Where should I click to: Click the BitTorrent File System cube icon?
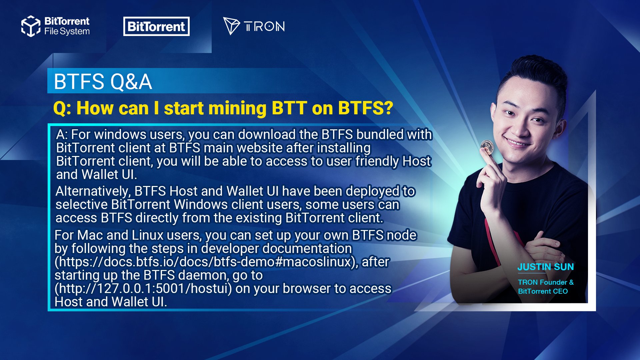pyautogui.click(x=31, y=26)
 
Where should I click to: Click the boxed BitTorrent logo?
pyautogui.click(x=156, y=26)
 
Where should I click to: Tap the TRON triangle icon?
pyautogui.click(x=231, y=26)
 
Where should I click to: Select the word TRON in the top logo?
pyautogui.click(x=264, y=26)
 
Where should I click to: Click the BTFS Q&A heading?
pyautogui.click(x=103, y=82)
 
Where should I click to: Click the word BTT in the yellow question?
pyautogui.click(x=289, y=108)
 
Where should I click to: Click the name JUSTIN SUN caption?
pyautogui.click(x=546, y=267)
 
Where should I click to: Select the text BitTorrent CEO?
pyautogui.click(x=543, y=291)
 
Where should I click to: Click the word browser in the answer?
pyautogui.click(x=307, y=289)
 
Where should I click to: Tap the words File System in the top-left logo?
pyautogui.click(x=67, y=32)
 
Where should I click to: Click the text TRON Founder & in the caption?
pyautogui.click(x=546, y=282)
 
